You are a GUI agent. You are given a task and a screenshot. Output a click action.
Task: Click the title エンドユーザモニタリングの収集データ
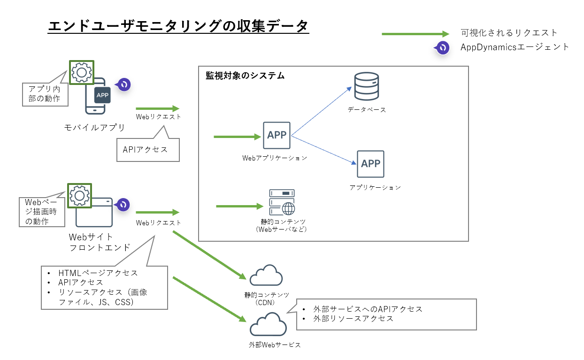click(x=178, y=25)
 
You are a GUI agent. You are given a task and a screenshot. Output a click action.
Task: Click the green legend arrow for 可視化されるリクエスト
click(x=415, y=34)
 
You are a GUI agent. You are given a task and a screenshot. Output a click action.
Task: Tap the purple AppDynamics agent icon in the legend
click(x=442, y=47)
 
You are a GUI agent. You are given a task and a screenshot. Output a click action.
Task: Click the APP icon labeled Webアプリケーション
click(x=277, y=136)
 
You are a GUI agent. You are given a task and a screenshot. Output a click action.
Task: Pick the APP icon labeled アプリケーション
click(x=370, y=164)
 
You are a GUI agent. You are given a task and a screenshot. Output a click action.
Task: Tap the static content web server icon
click(x=282, y=202)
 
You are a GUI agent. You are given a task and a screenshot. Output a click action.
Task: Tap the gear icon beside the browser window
click(x=79, y=195)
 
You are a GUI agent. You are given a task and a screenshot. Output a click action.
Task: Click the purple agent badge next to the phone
click(x=124, y=84)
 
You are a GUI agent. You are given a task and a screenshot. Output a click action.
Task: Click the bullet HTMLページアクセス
click(x=98, y=273)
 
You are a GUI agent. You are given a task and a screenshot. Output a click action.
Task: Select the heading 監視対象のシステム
click(x=245, y=76)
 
